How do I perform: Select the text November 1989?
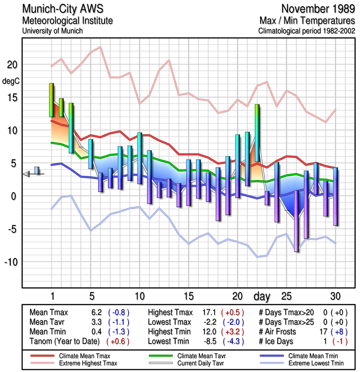click(317, 9)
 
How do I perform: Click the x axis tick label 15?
click(189, 296)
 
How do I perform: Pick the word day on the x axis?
click(262, 296)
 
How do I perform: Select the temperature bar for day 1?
click(52, 100)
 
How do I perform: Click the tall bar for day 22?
click(257, 133)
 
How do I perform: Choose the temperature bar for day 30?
click(335, 196)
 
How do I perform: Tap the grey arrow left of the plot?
click(26, 174)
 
